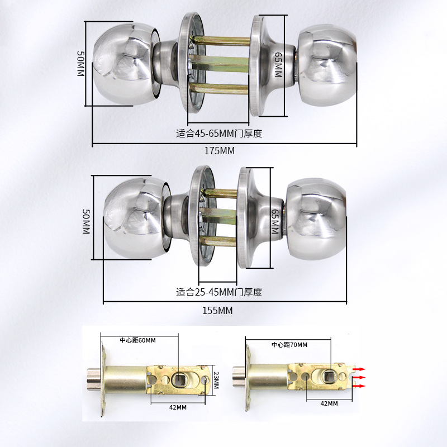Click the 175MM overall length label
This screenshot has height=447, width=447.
(220, 151)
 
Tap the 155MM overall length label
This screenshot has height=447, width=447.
(217, 311)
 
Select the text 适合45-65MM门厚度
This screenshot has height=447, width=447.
(219, 134)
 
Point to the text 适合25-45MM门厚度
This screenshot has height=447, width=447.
(219, 292)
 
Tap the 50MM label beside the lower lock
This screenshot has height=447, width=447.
(86, 222)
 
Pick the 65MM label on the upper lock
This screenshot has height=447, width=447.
(278, 67)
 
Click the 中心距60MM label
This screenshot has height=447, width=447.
(138, 340)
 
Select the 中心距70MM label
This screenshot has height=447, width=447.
(289, 345)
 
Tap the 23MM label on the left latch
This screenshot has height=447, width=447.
(216, 382)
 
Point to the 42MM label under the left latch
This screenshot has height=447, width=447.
(178, 407)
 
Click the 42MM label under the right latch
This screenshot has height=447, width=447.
(329, 403)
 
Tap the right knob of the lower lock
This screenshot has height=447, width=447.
(316, 218)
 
